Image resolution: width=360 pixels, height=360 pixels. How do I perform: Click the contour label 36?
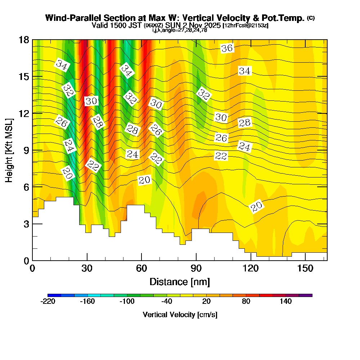click(x=227, y=48)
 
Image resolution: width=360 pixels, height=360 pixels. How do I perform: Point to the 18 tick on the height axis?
click(x=33, y=40)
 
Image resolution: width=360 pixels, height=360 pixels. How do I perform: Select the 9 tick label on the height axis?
click(x=25, y=150)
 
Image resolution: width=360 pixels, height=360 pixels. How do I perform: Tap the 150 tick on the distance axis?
click(x=305, y=260)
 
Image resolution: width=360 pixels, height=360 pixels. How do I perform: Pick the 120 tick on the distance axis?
click(x=251, y=260)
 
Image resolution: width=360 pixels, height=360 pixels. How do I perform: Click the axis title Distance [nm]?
click(x=180, y=282)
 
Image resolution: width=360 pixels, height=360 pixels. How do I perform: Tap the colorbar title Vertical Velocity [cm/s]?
click(x=180, y=315)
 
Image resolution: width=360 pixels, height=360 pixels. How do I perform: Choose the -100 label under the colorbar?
click(x=127, y=302)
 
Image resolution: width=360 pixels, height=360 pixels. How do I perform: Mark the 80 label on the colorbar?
click(x=246, y=302)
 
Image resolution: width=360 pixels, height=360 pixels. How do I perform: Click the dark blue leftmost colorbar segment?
click(x=54, y=295)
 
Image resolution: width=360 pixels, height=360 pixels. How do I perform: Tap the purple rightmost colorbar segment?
click(x=306, y=295)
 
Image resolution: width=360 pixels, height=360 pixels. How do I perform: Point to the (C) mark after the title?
click(x=311, y=18)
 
